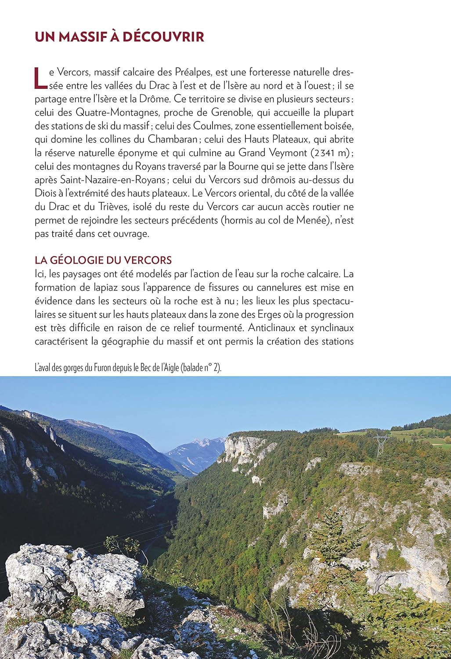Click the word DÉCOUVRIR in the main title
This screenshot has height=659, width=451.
point(163,37)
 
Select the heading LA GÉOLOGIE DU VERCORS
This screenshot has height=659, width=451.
point(103,260)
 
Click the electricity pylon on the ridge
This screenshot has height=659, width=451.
point(380,445)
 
